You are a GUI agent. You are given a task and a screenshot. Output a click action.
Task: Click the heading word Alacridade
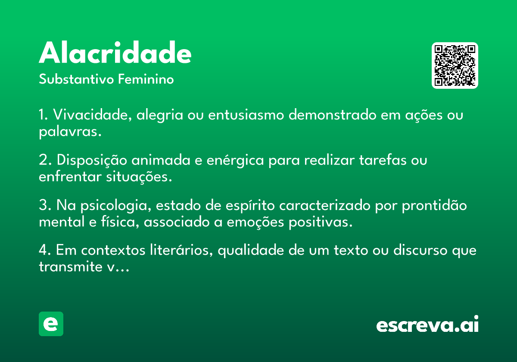point(115,53)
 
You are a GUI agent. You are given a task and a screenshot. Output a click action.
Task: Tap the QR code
point(455,66)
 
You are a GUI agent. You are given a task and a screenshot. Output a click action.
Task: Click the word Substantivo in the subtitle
point(76,79)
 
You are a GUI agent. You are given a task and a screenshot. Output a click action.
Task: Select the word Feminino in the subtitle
point(146,79)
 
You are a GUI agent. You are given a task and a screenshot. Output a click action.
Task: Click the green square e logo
point(51,324)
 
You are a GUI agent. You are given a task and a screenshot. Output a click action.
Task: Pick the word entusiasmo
point(246,115)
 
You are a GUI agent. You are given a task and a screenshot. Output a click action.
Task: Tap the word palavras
point(70,132)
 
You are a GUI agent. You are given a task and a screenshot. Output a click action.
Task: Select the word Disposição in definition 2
point(92,160)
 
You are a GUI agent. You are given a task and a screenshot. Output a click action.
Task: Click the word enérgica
point(235,160)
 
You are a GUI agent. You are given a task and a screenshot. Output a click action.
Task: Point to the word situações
point(139,177)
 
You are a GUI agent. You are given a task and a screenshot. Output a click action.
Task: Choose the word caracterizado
point(325,205)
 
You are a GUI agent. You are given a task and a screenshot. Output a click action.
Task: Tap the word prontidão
point(434,205)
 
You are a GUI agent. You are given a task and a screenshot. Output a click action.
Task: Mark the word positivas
point(321,222)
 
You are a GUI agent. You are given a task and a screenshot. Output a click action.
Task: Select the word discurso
point(420,250)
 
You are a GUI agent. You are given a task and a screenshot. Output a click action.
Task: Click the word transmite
point(71,267)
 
